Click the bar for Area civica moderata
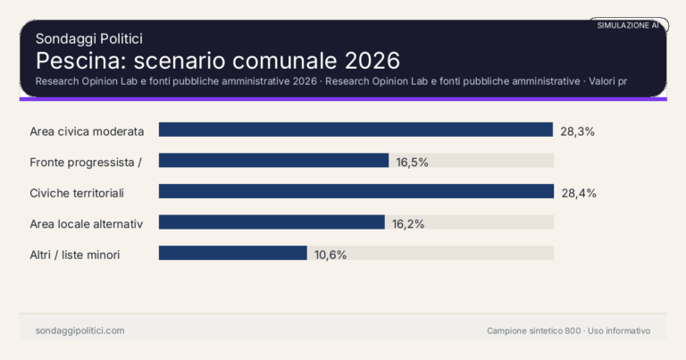(x=356, y=130)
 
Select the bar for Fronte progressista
(x=273, y=161)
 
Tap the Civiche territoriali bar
(x=356, y=191)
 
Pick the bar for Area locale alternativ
(x=272, y=222)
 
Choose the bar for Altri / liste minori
(x=232, y=253)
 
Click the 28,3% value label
(x=578, y=130)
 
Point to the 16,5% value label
(x=413, y=162)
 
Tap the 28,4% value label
(x=579, y=192)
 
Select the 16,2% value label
(x=409, y=223)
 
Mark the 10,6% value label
(x=330, y=255)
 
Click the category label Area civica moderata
(x=87, y=131)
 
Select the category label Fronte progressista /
(x=87, y=162)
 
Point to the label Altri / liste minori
(x=75, y=255)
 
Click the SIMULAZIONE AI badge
(x=628, y=26)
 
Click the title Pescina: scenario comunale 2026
(x=217, y=61)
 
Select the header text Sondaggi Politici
(x=89, y=38)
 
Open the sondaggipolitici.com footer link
(x=79, y=331)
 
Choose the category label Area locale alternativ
(x=87, y=223)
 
